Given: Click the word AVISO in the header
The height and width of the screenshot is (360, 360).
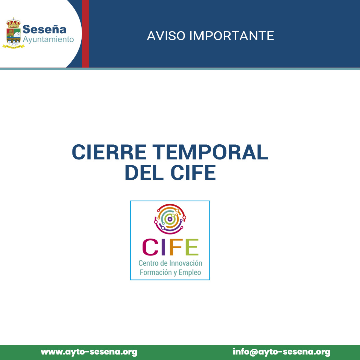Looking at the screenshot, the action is [x=166, y=36].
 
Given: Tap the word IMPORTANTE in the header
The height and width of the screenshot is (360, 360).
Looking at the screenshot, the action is [x=232, y=36].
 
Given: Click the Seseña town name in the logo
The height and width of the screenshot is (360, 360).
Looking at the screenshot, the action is [x=45, y=29].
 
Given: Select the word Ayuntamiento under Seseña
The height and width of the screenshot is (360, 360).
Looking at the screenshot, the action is [x=48, y=39].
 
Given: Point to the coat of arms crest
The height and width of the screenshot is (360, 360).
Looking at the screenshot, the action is [x=14, y=33].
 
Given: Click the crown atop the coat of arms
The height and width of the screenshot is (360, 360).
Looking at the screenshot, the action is [x=14, y=23].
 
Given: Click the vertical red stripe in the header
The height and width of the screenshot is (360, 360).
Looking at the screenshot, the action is [x=85, y=34].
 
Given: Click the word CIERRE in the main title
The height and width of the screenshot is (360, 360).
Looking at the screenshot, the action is [x=109, y=152].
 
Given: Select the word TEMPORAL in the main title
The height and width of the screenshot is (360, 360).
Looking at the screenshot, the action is [x=210, y=152].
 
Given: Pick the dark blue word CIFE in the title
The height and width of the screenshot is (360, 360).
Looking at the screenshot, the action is [x=193, y=173].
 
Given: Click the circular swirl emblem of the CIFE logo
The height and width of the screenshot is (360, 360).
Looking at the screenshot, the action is [x=170, y=219].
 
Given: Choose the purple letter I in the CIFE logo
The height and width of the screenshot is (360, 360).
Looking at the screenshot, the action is [x=163, y=247].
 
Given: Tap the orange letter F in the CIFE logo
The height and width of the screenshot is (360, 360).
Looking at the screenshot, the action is [x=176, y=247].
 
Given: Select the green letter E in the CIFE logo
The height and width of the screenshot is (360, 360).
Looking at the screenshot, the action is [x=192, y=247].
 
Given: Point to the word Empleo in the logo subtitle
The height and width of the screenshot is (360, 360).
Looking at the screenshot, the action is [x=190, y=273].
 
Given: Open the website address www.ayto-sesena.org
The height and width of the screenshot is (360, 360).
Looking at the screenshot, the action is [x=89, y=352].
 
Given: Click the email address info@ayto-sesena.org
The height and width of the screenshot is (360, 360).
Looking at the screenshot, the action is [x=281, y=352].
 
